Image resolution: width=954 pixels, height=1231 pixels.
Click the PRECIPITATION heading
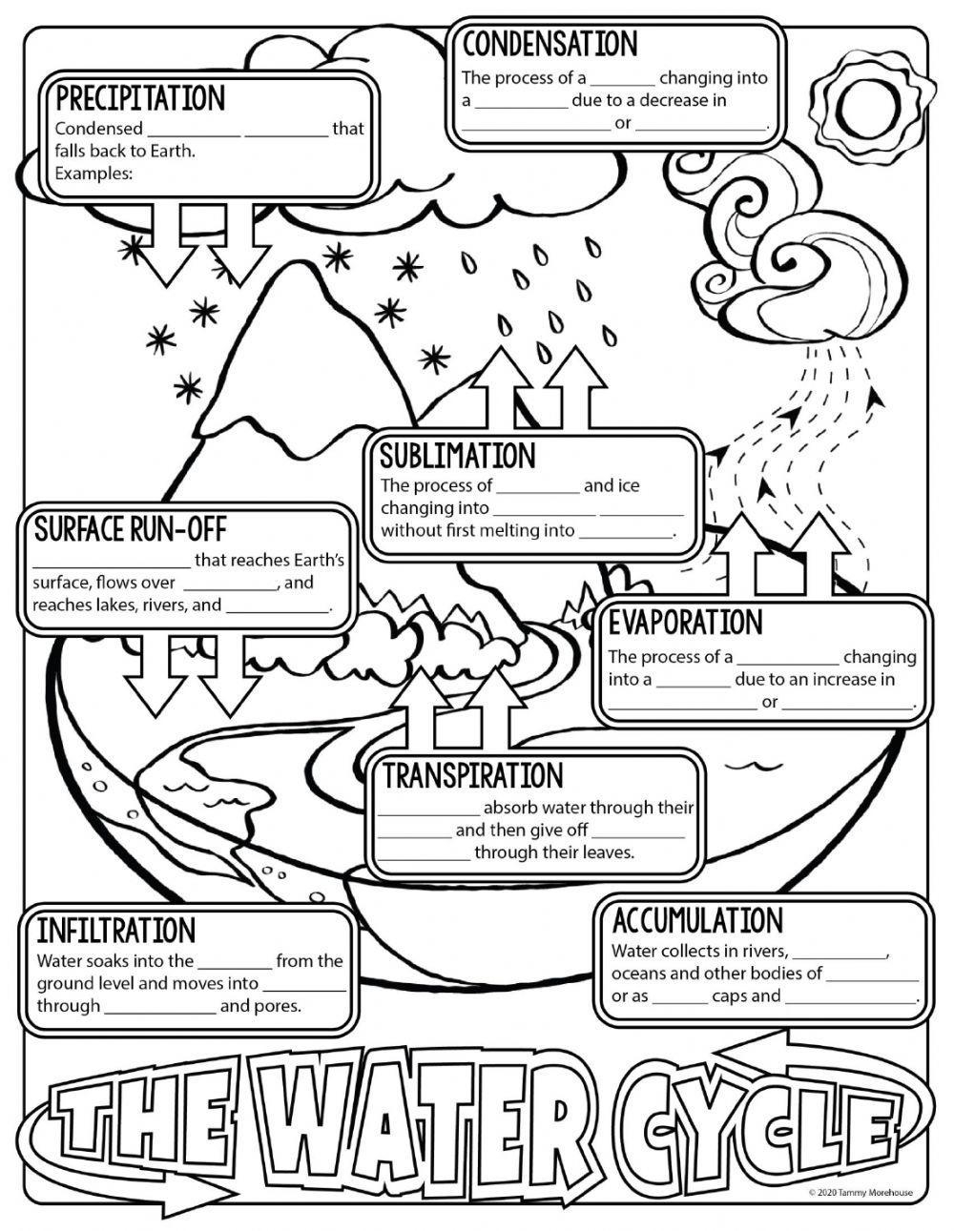(x=140, y=98)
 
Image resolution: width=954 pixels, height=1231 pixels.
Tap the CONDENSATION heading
(x=550, y=45)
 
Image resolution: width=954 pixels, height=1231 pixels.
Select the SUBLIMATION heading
(x=457, y=456)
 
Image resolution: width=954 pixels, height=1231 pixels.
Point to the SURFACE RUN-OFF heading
(x=130, y=528)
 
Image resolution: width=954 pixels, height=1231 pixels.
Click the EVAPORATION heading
(x=685, y=623)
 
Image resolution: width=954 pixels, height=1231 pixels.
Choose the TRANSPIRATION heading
(x=473, y=776)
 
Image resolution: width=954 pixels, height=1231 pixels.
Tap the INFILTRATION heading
(x=115, y=931)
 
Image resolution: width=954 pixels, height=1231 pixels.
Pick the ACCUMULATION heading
(x=696, y=921)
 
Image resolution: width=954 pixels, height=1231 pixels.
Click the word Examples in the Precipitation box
(x=93, y=174)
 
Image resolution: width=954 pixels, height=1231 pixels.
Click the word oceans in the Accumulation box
(x=639, y=974)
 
